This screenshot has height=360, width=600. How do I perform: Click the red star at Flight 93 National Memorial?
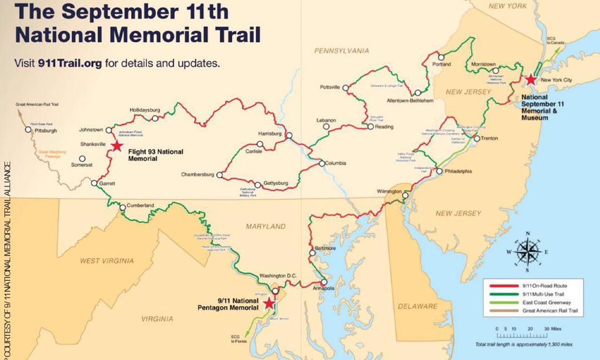pyautogui.click(x=117, y=146)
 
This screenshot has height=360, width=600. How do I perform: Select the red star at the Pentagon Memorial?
pyautogui.click(x=269, y=303)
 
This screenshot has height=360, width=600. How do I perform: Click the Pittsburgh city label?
pyautogui.click(x=46, y=131)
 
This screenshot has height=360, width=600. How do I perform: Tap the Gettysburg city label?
pyautogui.click(x=275, y=183)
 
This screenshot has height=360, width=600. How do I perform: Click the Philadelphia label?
pyautogui.click(x=459, y=171)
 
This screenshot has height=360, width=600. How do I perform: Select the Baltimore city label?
pyautogui.click(x=325, y=248)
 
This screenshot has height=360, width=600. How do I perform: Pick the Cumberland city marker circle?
pyautogui.click(x=122, y=209)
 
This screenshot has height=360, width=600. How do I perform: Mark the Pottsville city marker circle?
pyautogui.click(x=346, y=87)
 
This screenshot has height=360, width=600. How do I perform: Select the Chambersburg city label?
pyautogui.click(x=198, y=175)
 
